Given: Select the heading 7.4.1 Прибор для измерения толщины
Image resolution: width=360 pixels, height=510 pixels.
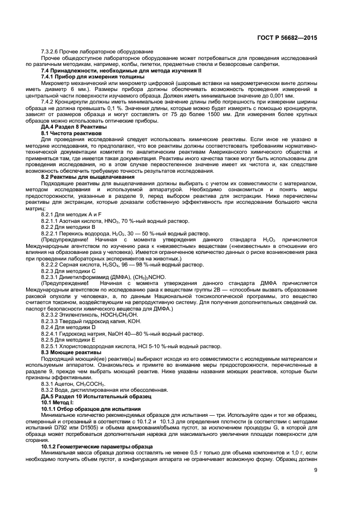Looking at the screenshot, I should (93, 76).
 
